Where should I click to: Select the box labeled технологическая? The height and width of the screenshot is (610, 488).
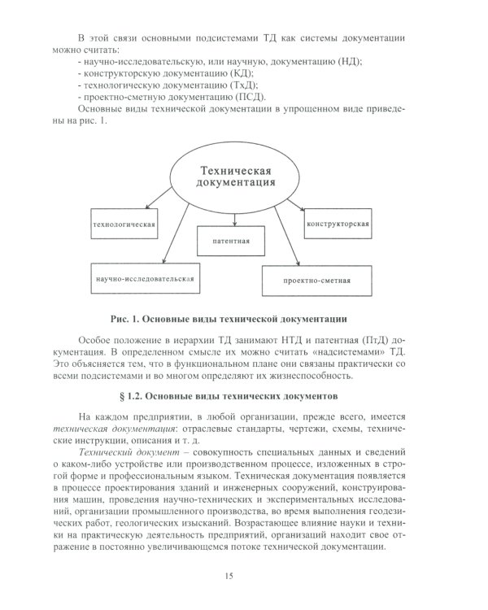pos(124,223)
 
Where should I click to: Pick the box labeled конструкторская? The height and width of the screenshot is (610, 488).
pos(338,223)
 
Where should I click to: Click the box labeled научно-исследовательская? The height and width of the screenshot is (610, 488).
pos(144,278)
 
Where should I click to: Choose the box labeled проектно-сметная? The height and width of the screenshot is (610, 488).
pos(316,281)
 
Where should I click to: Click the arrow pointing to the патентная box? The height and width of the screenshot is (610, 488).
pos(235,216)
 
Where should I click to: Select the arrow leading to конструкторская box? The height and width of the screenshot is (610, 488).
pos(294,205)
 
